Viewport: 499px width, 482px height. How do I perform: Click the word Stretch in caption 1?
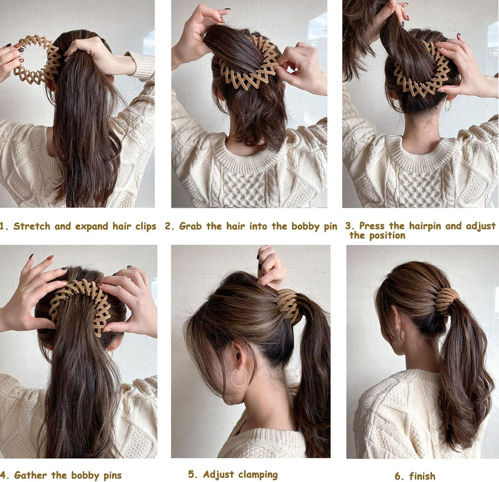(32, 227)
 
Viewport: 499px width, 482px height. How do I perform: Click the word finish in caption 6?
(422, 476)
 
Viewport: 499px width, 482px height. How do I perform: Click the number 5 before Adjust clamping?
(192, 475)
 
